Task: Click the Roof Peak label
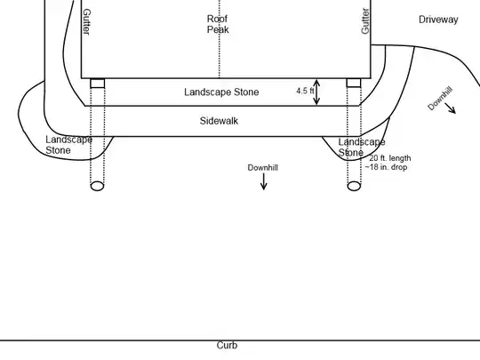coord(218,24)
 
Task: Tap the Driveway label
coord(438,20)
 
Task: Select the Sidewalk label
coord(219,121)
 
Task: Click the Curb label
coord(227,345)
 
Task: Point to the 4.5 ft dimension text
coord(305,91)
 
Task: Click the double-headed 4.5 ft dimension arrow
coord(316,92)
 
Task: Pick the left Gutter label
coord(86,21)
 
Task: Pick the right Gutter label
coord(365,20)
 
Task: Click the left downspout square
coord(98,84)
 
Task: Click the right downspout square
coord(354,83)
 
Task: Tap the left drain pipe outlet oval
coord(98,186)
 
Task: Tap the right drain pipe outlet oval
coord(354,186)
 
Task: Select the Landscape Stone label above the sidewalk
coord(221,92)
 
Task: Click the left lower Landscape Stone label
coord(68,145)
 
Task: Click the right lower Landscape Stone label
coord(362,148)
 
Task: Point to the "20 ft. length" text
coord(389,158)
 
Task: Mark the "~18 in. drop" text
coord(386,167)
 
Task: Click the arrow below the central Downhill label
coord(264,181)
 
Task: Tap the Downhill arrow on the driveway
coord(451,108)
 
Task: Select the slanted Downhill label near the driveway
coord(440,99)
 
